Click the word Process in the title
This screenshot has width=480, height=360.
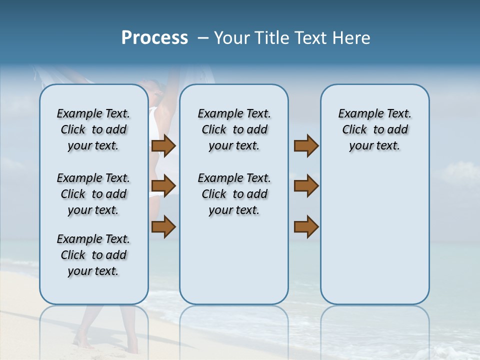click(154, 38)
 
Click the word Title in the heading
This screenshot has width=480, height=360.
click(270, 38)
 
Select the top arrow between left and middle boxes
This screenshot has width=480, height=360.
click(163, 145)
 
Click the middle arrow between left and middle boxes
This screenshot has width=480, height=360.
click(163, 186)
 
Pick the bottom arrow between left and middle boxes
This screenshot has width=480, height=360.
click(163, 226)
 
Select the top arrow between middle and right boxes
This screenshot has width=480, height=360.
click(306, 145)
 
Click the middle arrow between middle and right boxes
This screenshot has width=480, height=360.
click(306, 186)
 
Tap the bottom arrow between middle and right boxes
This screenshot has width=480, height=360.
click(306, 226)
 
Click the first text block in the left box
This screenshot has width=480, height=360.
click(93, 129)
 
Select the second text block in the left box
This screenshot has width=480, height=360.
click(93, 194)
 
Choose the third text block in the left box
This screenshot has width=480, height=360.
click(93, 255)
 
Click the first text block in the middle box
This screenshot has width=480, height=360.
click(234, 129)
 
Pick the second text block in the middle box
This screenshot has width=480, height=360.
click(234, 194)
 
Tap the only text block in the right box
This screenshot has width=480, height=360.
click(374, 129)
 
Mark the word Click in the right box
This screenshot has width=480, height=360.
click(354, 130)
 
